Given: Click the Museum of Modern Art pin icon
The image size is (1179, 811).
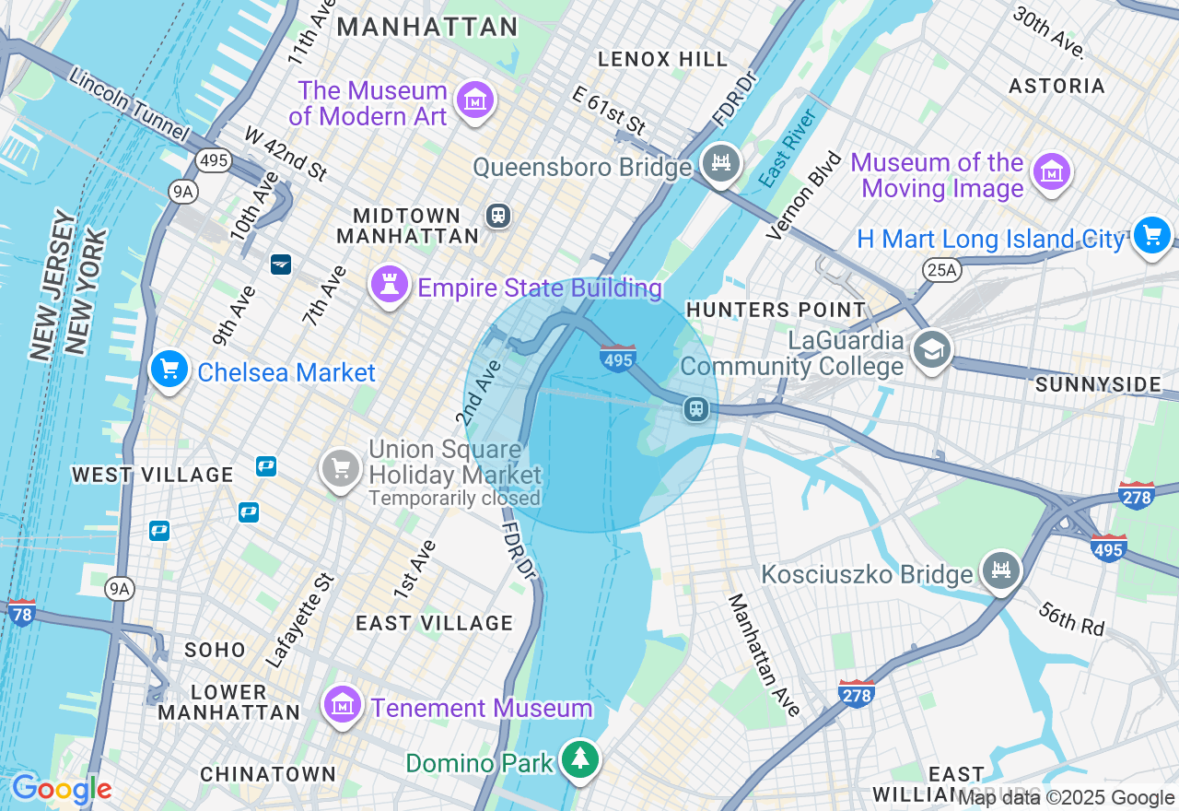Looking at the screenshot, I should click(x=476, y=100).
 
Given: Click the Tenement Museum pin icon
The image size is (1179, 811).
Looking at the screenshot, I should click(x=342, y=706).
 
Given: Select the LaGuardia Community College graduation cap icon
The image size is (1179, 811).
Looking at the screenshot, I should click(x=931, y=350).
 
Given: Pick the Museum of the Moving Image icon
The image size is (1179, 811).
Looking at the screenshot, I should click(x=1050, y=172).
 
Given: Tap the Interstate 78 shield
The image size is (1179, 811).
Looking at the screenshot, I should click(x=21, y=613).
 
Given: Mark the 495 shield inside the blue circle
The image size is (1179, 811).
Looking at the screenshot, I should click(x=617, y=358).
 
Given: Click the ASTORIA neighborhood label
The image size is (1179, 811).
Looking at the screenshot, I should click(x=1056, y=87).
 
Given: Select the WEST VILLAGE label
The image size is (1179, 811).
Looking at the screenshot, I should click(x=153, y=475).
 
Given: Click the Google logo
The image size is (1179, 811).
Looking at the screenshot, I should click(x=62, y=790).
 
